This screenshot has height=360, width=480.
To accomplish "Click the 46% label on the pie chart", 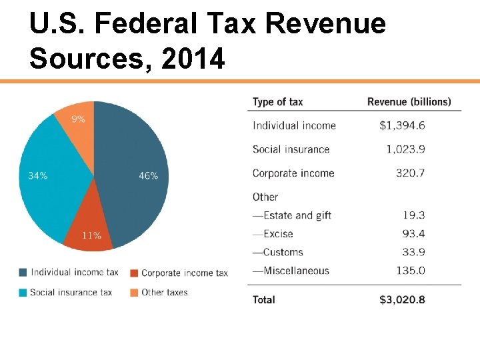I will (x=148, y=176).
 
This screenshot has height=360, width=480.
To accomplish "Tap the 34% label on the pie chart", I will (x=37, y=176).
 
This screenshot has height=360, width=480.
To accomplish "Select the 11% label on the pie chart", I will (x=91, y=235).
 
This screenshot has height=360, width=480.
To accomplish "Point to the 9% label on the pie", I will (x=78, y=119).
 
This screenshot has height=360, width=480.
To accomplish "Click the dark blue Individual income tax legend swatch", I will (x=23, y=272).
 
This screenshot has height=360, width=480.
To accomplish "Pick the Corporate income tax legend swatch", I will (x=134, y=273).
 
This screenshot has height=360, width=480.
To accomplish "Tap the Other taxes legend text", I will (x=165, y=292).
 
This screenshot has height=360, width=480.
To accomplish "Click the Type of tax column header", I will (x=277, y=102).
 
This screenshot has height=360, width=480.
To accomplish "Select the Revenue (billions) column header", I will (x=409, y=102).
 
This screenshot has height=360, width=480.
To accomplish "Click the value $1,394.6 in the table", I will (x=402, y=125).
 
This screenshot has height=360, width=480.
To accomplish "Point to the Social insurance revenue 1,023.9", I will (x=405, y=149).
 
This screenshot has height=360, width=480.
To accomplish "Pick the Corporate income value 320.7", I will (x=410, y=173).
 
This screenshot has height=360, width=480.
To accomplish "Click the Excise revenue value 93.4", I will (x=413, y=234).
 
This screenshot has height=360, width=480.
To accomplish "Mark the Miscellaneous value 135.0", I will (x=410, y=271).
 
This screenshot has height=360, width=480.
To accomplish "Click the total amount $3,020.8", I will (x=402, y=299).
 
